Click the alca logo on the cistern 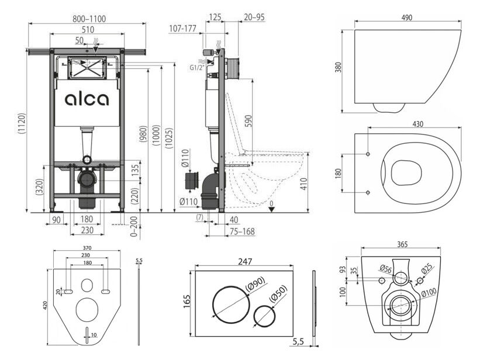tap(87, 99)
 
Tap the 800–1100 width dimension tap(89, 19)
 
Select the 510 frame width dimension tap(88, 30)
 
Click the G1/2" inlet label tap(196, 68)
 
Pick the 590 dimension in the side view tap(248, 122)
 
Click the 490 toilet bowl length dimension tap(406, 18)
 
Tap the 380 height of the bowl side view tap(338, 67)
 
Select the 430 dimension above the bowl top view tap(417, 124)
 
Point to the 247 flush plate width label tap(245, 261)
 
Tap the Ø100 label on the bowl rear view tap(429, 292)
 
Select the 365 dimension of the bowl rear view tap(403, 244)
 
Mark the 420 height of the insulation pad tap(45, 304)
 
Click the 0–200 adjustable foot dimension tap(134, 226)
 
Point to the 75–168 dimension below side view tap(242, 232)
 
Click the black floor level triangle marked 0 tap(271, 209)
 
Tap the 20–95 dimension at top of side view tap(254, 17)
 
